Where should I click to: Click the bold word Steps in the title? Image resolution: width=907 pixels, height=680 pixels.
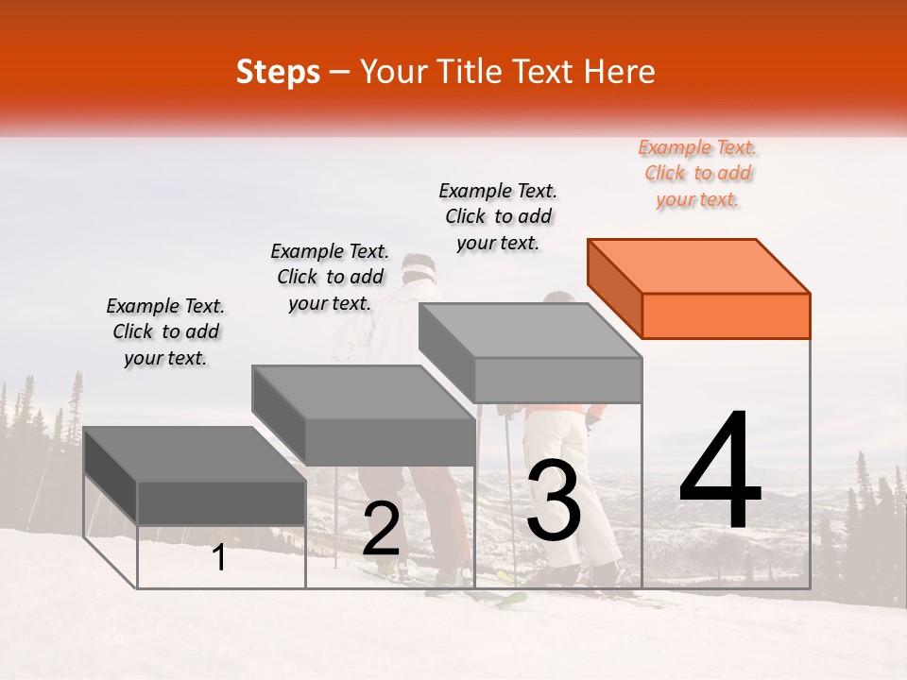click(x=278, y=72)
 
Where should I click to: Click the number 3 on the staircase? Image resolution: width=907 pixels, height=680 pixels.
click(x=554, y=501)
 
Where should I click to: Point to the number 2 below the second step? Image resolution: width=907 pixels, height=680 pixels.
click(x=381, y=529)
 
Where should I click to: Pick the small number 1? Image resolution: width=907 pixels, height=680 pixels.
click(x=219, y=557)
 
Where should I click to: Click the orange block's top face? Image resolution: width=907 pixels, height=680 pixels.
click(x=697, y=265)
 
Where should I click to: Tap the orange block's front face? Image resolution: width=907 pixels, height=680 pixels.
click(x=726, y=315)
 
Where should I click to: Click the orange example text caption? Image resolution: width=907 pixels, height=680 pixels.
click(x=698, y=174)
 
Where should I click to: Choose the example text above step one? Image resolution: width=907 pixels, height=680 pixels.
click(x=165, y=331)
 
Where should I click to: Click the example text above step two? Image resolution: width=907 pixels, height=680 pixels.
click(x=330, y=277)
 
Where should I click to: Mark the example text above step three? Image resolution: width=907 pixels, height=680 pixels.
click(x=498, y=216)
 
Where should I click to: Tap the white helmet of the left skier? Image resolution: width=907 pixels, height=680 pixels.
click(x=419, y=267)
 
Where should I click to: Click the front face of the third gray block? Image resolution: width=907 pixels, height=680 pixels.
click(x=557, y=380)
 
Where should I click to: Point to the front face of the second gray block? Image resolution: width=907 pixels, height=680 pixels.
click(x=390, y=441)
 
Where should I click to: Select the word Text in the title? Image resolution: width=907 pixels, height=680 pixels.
click(x=545, y=72)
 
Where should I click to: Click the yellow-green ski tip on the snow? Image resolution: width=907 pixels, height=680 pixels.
click(x=512, y=597)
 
